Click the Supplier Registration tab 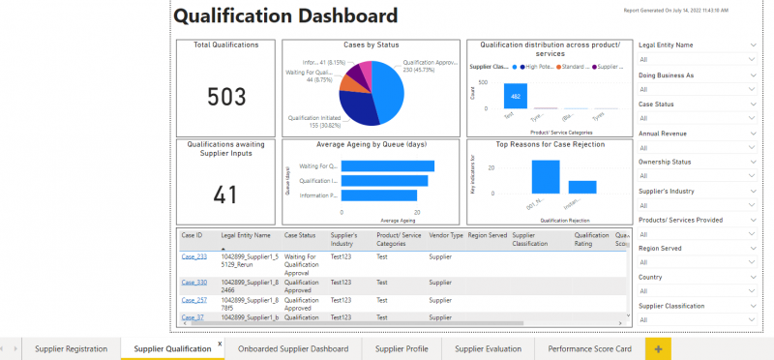tap(72, 348)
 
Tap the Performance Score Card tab tap(589, 348)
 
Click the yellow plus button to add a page tap(658, 348)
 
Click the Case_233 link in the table tap(193, 256)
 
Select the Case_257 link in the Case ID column tap(193, 300)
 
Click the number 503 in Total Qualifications tap(226, 97)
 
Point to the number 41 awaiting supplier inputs tap(226, 195)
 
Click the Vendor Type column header tap(441, 235)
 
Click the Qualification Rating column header tap(591, 239)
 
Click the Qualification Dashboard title tap(285, 16)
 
